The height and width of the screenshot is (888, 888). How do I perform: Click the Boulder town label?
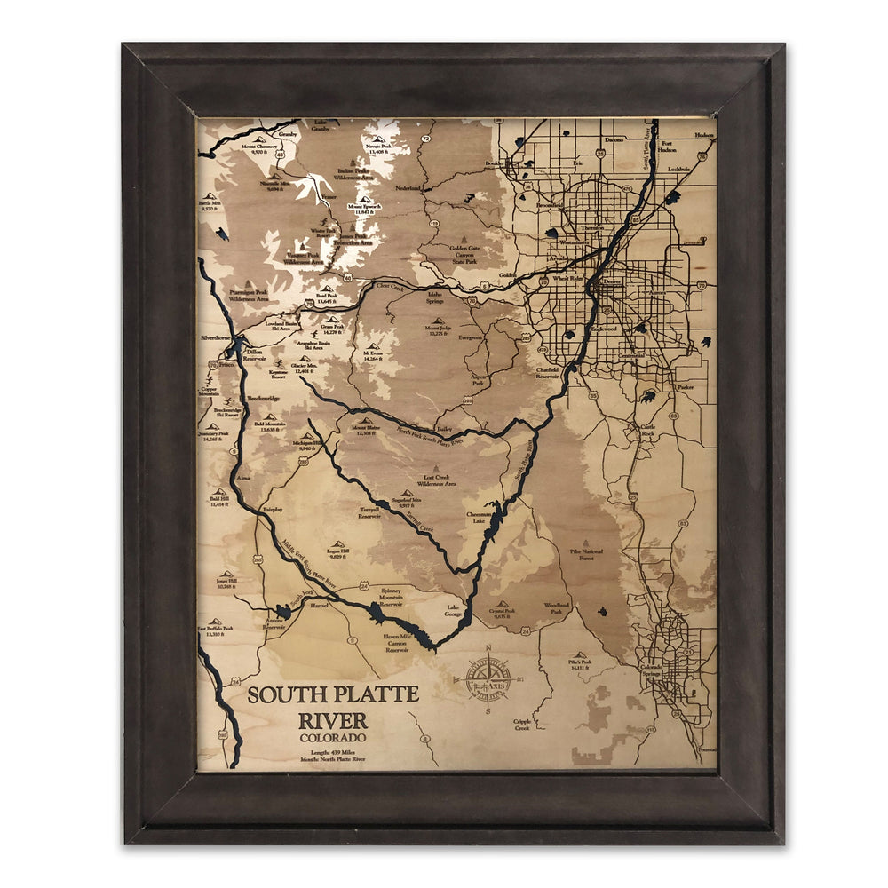pos(495,163)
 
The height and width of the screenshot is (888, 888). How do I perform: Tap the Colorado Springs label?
pos(652,671)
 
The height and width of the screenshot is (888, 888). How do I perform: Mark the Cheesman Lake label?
pos(479,518)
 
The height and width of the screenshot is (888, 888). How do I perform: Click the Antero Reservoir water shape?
pos(283,611)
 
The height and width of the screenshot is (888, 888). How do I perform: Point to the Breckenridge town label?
pos(264,399)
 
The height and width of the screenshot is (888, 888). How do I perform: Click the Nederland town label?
pos(408,188)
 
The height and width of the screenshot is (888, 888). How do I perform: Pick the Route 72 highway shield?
pos(426,139)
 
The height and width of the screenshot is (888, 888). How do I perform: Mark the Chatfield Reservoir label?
pos(547,372)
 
